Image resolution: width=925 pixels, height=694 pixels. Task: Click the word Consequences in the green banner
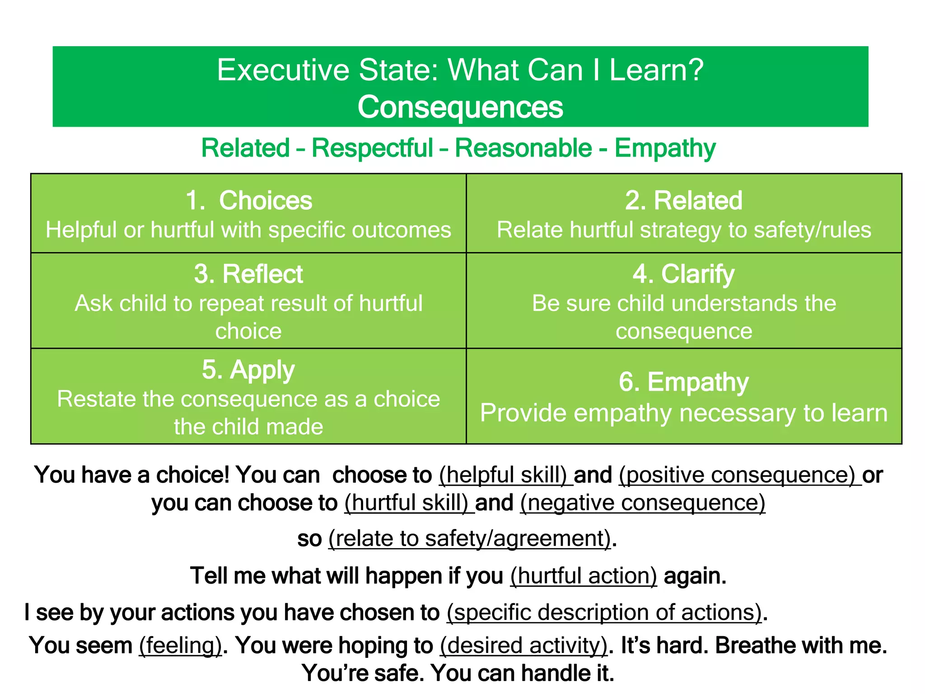coord(460,108)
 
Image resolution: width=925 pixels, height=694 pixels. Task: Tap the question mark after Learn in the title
coord(696,70)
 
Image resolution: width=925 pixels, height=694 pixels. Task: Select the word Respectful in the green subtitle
coord(372,148)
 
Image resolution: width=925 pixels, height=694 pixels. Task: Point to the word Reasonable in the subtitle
coord(523,148)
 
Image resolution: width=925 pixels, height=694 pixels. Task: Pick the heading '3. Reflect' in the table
coord(248,274)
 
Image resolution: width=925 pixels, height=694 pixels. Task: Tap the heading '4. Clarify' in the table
coord(683,274)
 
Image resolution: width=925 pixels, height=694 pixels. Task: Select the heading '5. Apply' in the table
coord(248,370)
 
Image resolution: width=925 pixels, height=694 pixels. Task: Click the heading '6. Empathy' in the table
coord(683,382)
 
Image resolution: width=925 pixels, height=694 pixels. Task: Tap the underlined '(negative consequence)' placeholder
coord(643,503)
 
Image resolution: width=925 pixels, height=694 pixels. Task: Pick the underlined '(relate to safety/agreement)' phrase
coord(470,539)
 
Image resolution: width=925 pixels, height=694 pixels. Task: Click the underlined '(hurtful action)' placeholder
coord(584,576)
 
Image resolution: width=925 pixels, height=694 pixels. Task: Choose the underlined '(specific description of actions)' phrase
coord(604,613)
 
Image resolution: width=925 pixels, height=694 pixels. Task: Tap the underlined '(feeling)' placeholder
coord(181,645)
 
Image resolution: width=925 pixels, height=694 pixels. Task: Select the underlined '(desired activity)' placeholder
coord(524,645)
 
